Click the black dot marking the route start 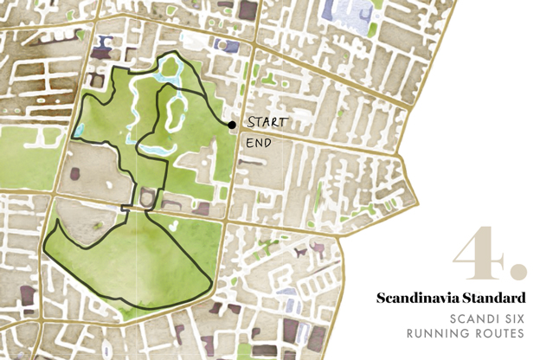point(232,125)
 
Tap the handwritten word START point(267,123)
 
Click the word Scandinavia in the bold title point(416,299)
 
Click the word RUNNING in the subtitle point(437,333)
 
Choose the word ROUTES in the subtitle point(500,333)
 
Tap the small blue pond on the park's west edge point(80,131)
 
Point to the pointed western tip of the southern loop point(55,222)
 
